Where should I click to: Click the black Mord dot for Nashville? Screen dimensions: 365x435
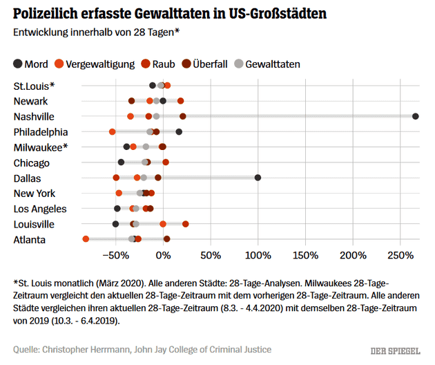coord(416,116)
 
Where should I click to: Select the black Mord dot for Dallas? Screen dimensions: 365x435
coord(258,178)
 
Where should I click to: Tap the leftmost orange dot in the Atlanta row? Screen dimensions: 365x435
coord(86,239)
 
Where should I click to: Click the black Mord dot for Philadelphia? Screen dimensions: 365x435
coord(179,131)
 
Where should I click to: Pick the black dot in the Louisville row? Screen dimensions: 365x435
coord(115,224)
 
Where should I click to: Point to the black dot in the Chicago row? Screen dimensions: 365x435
coord(121,162)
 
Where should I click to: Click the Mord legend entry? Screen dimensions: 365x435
coord(30,64)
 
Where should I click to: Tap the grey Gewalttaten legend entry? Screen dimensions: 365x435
coord(266,64)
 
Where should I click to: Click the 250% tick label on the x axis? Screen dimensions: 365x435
coord(400,256)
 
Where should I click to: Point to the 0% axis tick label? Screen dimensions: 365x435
coord(163,256)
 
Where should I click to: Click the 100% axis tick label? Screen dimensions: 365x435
coord(258,256)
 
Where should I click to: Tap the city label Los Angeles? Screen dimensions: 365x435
coord(40,209)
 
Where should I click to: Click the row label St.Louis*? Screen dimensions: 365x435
coord(34,86)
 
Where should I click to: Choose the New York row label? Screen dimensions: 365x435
coord(35,194)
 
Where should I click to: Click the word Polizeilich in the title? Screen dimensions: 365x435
coord(48,14)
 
